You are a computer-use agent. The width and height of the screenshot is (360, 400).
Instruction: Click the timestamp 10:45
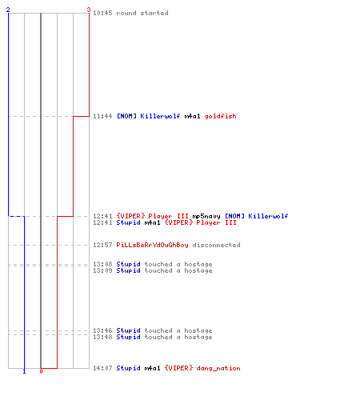102,13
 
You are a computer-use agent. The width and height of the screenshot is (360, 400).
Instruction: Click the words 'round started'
142,13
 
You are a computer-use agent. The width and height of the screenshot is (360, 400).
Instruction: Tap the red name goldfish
220,116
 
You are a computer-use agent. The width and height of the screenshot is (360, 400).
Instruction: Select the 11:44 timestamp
102,116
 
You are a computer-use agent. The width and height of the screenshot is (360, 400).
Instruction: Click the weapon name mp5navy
206,216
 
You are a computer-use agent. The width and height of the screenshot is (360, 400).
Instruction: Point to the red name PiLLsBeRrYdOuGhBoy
152,245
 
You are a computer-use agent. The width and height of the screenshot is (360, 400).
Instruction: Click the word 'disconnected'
216,245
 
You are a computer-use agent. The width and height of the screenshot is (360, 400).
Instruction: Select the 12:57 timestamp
102,245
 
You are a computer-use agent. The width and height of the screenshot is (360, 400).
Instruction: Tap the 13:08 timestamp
102,264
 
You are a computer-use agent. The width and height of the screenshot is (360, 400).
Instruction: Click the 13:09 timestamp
102,270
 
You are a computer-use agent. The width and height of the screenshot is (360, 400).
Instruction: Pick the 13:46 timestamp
102,330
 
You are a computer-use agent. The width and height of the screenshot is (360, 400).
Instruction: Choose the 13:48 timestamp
102,337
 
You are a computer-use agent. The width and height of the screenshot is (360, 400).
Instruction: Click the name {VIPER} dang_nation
202,368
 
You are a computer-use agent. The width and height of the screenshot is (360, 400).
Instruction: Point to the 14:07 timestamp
102,368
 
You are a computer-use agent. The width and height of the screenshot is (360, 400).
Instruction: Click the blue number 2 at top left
8,10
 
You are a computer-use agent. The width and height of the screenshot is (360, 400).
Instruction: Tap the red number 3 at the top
89,10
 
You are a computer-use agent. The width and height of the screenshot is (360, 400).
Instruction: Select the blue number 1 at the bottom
24,371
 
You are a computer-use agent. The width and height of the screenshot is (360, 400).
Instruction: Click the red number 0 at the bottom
41,371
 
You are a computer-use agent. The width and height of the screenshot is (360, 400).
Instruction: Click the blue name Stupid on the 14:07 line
128,368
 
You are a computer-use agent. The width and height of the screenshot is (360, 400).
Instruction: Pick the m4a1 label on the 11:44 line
192,116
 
